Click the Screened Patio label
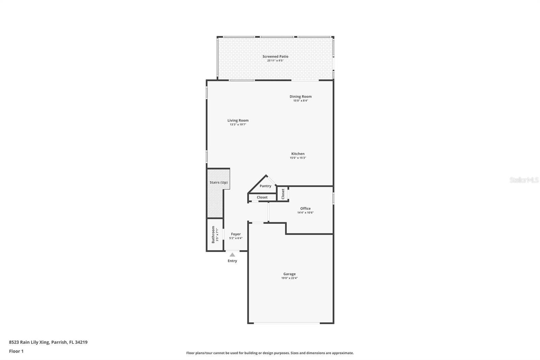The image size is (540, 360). pos(275,56)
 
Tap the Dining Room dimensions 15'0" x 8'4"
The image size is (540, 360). pos(301,101)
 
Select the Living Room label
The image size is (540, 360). pos(238,121)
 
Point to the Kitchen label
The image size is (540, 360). pos(298,154)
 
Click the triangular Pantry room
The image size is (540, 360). pos(264,185)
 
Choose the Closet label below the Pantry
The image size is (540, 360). pos(262,197)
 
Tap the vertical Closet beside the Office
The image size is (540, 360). pos(283,194)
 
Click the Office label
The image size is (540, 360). pos(305,208)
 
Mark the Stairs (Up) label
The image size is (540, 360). pos(219,182)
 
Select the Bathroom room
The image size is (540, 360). pos(215,234)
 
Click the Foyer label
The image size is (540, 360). pos(236,234)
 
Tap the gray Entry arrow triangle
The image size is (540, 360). pos(232,255)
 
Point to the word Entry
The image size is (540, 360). pos(233,261)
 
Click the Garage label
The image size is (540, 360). pos(289,274)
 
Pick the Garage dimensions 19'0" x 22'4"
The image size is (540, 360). pos(290,278)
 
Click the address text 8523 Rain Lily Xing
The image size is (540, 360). pos(29,342)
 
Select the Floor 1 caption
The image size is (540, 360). pos(17,351)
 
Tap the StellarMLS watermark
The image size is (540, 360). pos(524,180)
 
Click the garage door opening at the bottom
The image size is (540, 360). pos(287,323)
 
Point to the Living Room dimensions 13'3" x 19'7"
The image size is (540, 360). pos(238,125)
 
